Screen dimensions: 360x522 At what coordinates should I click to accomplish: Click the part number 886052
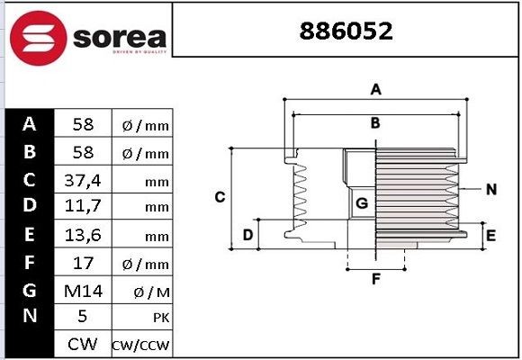coord(346,33)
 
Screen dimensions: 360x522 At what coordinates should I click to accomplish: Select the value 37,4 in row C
coord(82,180)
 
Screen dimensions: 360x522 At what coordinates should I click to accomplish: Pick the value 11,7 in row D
coord(82,208)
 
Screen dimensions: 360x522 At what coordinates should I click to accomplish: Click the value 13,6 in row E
coord(82,235)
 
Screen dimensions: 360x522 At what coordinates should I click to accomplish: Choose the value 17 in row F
coord(82,263)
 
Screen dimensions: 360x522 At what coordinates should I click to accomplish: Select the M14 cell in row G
coord(82,290)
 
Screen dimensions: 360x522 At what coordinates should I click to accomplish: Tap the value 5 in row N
coord(82,317)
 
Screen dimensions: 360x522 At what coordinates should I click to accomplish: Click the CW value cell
coord(82,344)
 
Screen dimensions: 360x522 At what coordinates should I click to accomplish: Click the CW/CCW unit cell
coord(141,345)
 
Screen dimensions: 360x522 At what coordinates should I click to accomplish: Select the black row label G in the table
coord(30,290)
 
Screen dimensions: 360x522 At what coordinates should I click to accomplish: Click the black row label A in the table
coord(30,124)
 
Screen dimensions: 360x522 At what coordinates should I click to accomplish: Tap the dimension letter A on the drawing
coord(377,88)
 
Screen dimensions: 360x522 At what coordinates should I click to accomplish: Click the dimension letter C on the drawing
coord(219,196)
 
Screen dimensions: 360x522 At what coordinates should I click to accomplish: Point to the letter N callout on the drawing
coord(490,189)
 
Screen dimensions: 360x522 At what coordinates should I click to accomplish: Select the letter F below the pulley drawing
coord(377,278)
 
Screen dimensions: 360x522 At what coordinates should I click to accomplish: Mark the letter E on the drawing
coord(490,236)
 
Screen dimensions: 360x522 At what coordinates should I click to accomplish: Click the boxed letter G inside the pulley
coord(361,203)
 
